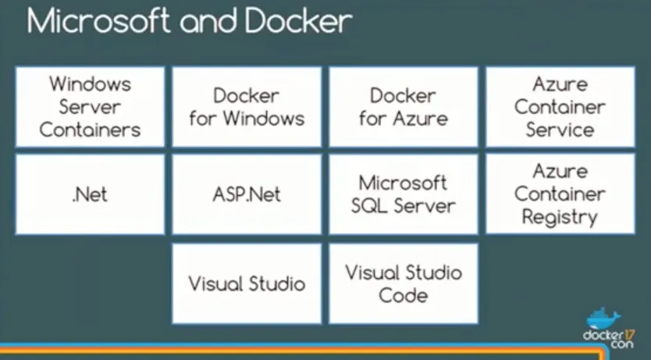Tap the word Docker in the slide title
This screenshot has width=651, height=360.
(296, 21)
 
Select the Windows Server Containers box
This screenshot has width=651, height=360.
(90, 106)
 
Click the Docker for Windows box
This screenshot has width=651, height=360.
(247, 106)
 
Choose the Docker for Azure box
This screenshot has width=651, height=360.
(404, 106)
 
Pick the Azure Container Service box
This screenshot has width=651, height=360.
(560, 106)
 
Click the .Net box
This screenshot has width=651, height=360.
(90, 194)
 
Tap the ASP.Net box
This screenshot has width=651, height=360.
(247, 194)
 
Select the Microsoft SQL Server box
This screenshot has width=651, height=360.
(404, 194)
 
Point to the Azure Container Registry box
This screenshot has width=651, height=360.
(560, 194)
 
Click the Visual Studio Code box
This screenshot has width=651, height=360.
(404, 283)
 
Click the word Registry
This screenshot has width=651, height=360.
(559, 217)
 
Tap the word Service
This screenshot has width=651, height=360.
(560, 130)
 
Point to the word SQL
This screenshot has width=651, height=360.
(375, 206)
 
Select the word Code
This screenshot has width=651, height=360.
(403, 295)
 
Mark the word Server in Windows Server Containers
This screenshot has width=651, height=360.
(90, 106)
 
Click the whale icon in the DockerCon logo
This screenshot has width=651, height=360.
(603, 319)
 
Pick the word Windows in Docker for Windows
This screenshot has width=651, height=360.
(264, 119)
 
